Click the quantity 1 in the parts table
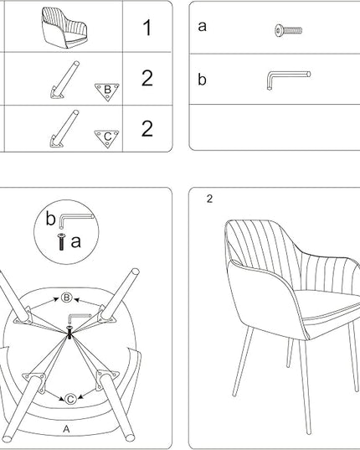(147, 28)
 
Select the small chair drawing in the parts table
(64, 28)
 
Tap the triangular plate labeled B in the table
(107, 91)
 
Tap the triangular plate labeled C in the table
(106, 138)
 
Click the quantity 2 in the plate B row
(147, 78)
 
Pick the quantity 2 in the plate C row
(147, 128)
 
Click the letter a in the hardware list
(202, 27)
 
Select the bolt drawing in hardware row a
(288, 30)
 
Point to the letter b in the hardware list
(202, 79)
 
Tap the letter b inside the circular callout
(50, 219)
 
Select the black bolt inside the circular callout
(61, 242)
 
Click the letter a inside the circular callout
(75, 241)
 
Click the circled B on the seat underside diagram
(66, 297)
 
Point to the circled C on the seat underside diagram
(70, 399)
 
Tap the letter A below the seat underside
(66, 429)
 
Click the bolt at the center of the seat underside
(69, 333)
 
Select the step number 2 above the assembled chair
(209, 199)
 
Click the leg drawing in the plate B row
(64, 80)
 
